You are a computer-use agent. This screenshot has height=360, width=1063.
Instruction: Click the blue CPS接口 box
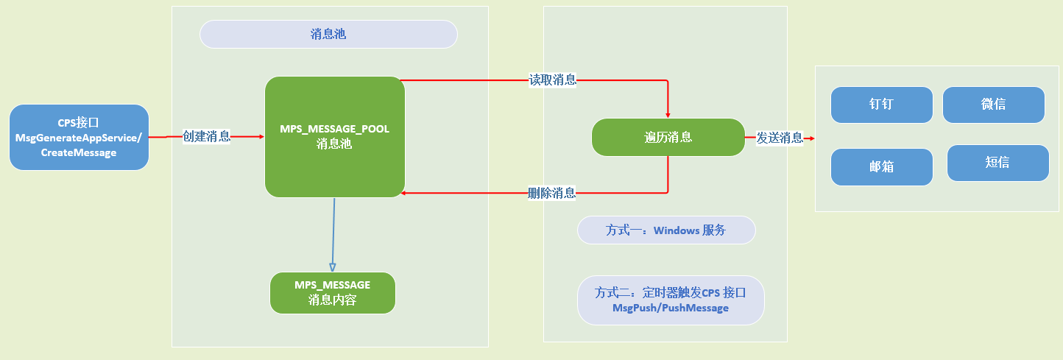coord(79,137)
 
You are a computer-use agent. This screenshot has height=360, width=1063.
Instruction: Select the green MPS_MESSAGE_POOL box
coord(334,137)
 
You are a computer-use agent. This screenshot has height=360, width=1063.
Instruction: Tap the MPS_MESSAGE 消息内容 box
coord(333,292)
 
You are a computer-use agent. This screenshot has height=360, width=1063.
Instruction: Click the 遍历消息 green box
coord(668,137)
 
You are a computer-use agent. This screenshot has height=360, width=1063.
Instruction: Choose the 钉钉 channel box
coord(881,105)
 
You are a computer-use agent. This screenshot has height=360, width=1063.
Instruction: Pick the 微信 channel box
coord(993,105)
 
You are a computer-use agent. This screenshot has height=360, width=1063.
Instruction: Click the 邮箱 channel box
coord(881,167)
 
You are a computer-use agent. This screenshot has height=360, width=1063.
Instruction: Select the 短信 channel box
coord(997,163)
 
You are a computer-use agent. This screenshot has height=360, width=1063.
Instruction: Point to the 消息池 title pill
coord(328,34)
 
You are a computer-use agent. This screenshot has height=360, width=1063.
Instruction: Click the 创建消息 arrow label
coord(206,136)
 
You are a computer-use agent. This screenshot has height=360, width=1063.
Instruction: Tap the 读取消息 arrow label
coord(552,80)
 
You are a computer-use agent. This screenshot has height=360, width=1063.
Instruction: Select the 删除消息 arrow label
coord(552,194)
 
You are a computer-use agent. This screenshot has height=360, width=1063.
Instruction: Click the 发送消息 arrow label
coord(780,137)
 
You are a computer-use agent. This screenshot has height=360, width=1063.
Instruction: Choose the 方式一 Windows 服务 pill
coord(666,230)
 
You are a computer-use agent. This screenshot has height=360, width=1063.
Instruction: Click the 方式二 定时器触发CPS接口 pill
coord(671,300)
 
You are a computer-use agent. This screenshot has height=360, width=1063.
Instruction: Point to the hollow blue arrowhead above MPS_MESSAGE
coord(332,267)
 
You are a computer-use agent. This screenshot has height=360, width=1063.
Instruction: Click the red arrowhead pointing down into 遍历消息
coord(668,114)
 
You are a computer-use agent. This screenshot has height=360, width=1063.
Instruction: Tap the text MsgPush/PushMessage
coord(671,308)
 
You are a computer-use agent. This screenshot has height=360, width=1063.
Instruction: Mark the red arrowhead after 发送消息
coord(810,137)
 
